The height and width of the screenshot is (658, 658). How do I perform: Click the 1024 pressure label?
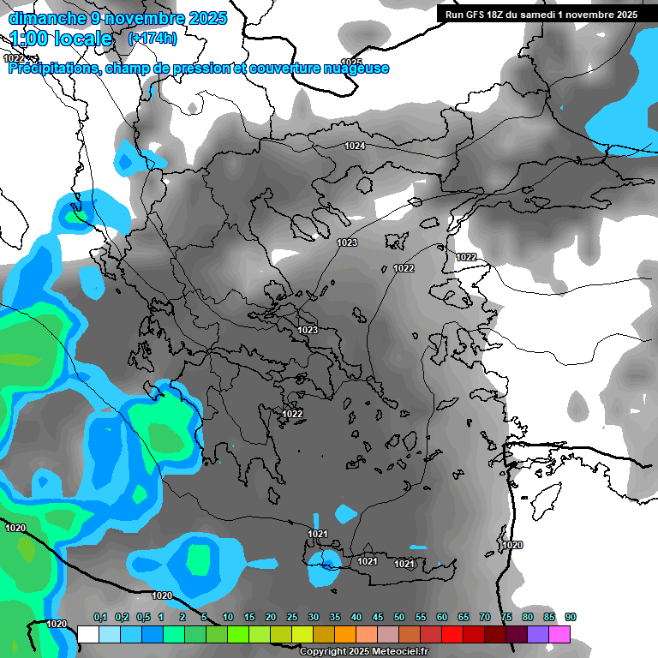pos(355,146)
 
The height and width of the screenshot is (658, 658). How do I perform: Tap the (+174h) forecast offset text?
pos(152,38)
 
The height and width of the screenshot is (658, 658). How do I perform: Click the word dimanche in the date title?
pos(44,18)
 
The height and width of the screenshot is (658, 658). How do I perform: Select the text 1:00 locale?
pos(61,39)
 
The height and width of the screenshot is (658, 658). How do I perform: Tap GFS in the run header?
pos(476,15)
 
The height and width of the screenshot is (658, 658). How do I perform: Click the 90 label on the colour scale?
pos(571,617)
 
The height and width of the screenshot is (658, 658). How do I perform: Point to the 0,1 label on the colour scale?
pos(100,617)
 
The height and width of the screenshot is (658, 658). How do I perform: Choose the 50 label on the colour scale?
pos(399,617)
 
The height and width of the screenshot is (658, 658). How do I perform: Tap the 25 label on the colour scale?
pos(292,617)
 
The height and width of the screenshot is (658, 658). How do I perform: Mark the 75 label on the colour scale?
pos(506,617)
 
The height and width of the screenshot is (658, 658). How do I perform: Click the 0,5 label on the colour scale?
pos(143,617)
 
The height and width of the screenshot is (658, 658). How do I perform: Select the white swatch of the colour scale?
pos(87,634)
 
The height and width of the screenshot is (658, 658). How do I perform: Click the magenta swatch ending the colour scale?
pos(559,634)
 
